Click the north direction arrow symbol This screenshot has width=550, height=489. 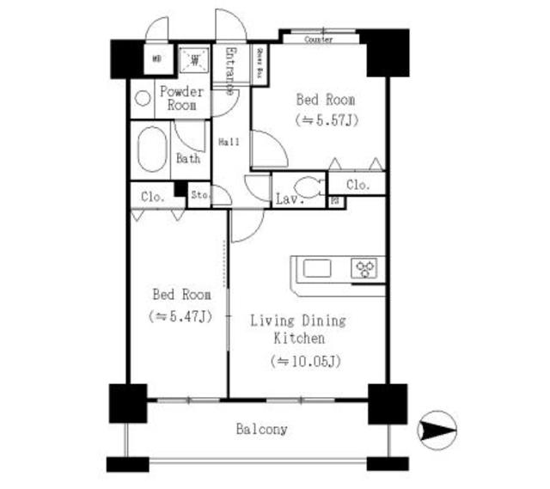(x=436, y=428)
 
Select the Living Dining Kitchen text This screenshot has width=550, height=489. (x=297, y=329)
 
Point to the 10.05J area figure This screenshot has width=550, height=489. (x=306, y=360)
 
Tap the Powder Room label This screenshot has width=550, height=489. (x=182, y=98)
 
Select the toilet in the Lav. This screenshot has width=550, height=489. (x=308, y=188)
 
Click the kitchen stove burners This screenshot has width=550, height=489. (x=366, y=268)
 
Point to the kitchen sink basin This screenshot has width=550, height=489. (x=317, y=268)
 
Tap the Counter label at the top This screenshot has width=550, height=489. (x=319, y=40)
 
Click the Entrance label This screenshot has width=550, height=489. (x=230, y=69)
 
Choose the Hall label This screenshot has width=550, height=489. (x=228, y=142)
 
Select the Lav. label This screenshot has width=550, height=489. (x=285, y=200)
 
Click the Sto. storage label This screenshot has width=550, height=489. (x=199, y=195)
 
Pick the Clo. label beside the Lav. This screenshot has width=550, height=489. (x=357, y=185)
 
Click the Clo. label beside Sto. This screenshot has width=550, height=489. (x=149, y=196)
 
